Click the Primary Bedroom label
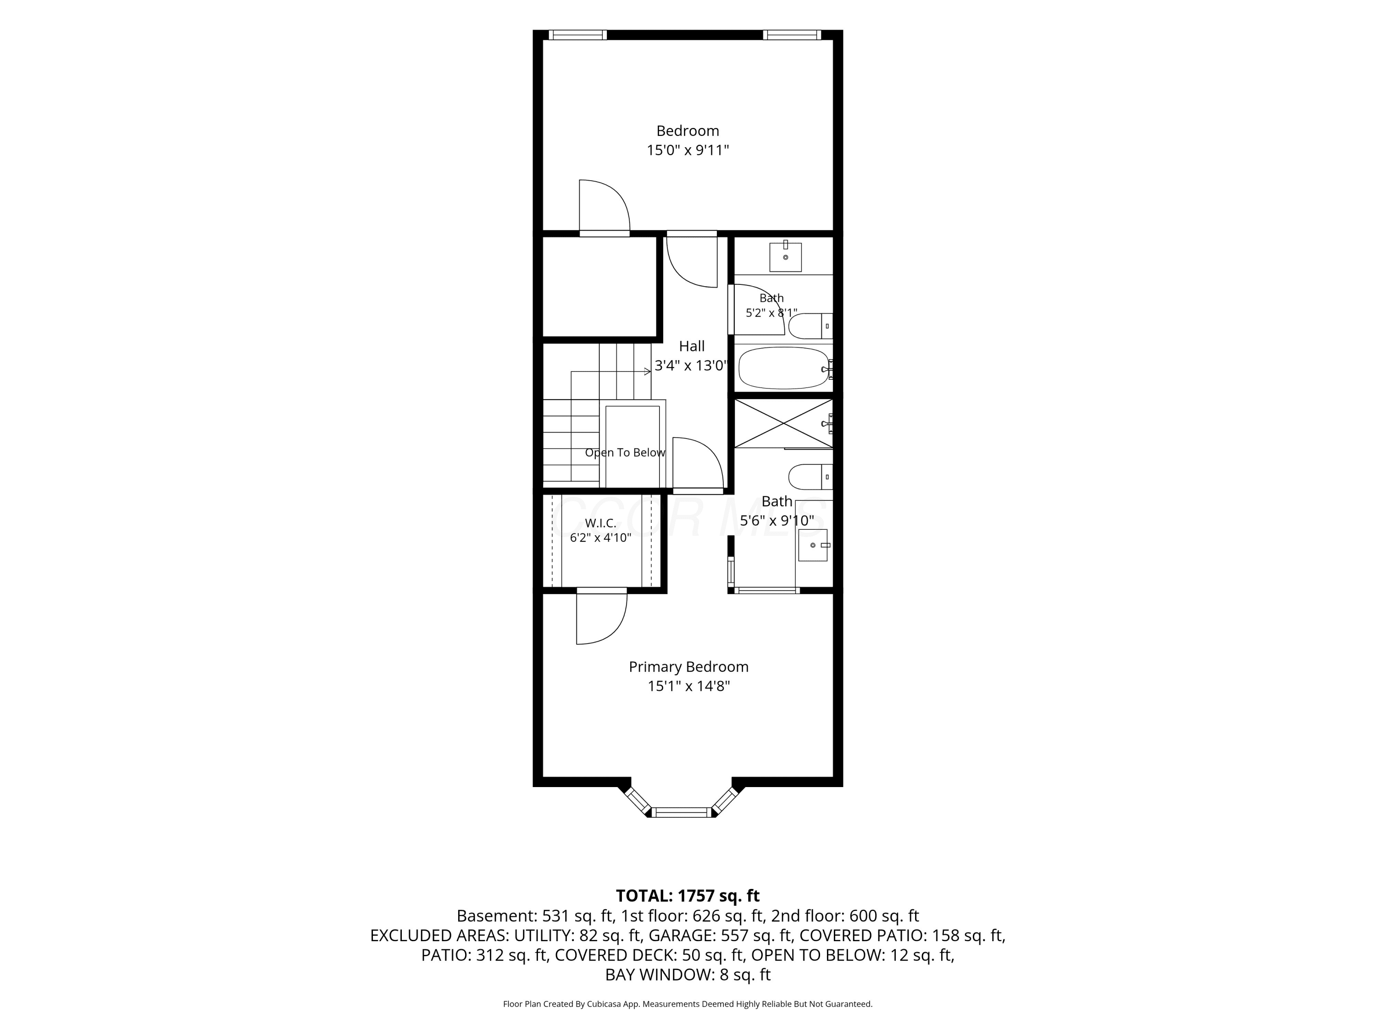tap(688, 667)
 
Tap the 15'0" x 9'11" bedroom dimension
tap(688, 150)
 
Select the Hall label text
tap(692, 346)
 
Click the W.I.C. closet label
tap(600, 523)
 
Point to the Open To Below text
tap(625, 453)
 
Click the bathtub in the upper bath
tap(784, 368)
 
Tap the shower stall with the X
tap(783, 423)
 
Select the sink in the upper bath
tap(785, 257)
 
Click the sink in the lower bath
tap(814, 545)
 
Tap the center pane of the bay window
tap(682, 812)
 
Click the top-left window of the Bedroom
tap(578, 35)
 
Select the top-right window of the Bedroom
tap(792, 35)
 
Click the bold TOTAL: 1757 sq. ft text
tap(688, 896)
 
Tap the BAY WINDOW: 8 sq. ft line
tap(688, 975)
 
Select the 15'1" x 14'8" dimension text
tap(688, 686)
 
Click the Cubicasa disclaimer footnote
tap(688, 1004)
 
